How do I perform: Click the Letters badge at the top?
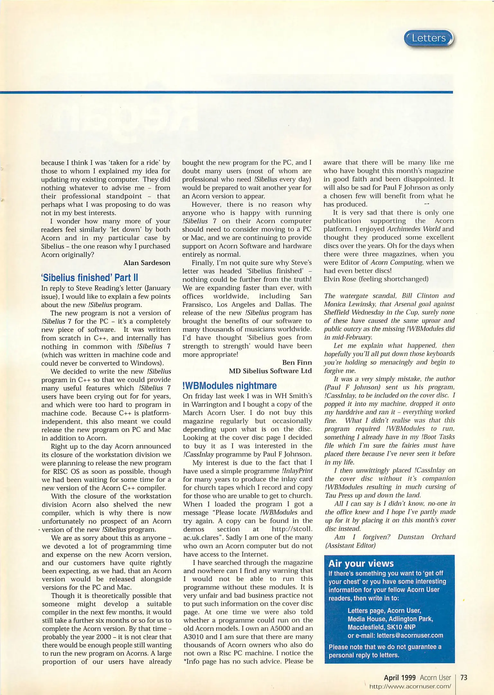coord(429,38)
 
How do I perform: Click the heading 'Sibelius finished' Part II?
coord(89,277)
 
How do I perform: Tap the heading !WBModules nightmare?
coord(229,385)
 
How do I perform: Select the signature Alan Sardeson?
coord(147,263)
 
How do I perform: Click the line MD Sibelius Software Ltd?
coord(270,371)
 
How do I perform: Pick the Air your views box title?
coord(361,563)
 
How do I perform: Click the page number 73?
coord(463,678)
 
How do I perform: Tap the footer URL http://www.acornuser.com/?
coord(410,686)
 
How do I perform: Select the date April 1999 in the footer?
coord(400,678)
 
